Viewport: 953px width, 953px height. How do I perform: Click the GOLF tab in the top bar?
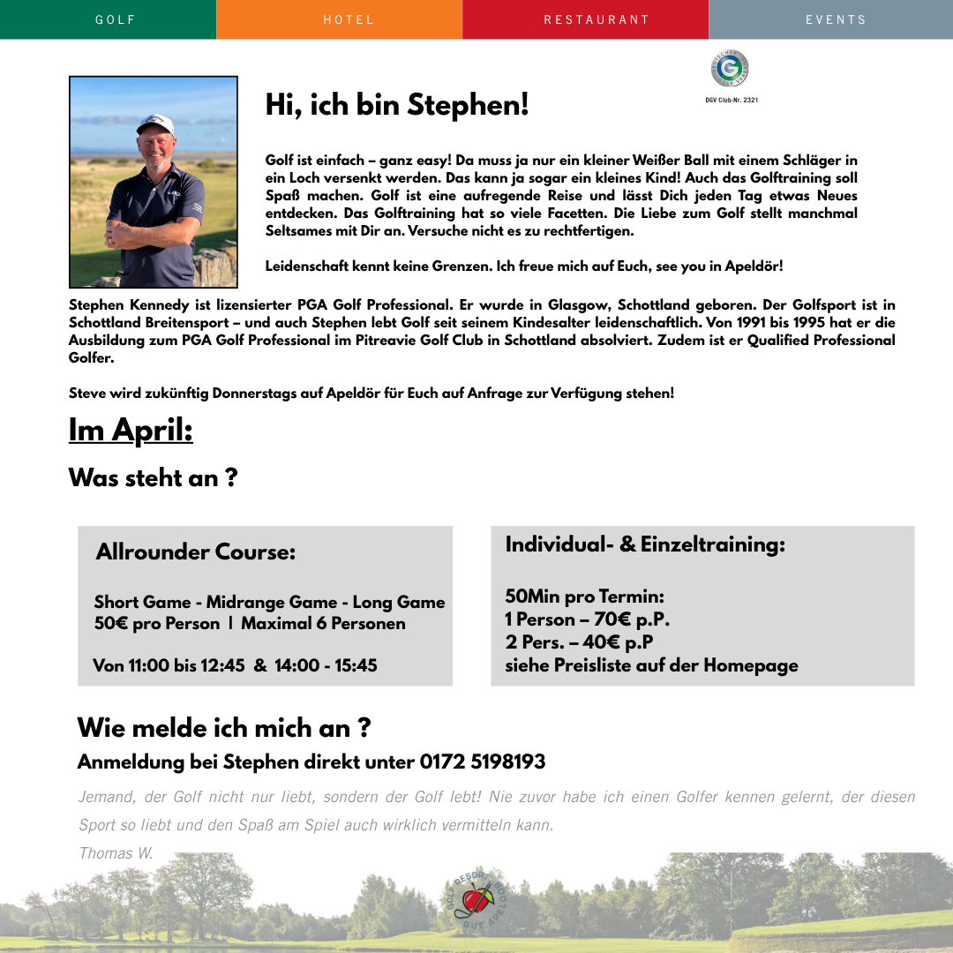[x=116, y=19]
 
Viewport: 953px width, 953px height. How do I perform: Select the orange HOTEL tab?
[x=349, y=19]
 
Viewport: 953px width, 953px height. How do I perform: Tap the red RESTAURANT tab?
[x=597, y=19]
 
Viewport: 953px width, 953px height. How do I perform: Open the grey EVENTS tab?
[x=836, y=19]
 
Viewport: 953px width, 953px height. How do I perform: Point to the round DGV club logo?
[x=730, y=69]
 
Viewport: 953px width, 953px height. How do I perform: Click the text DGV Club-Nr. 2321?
[x=732, y=101]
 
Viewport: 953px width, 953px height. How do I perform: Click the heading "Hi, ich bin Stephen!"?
[x=397, y=106]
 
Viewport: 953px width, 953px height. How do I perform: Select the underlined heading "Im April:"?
[x=131, y=431]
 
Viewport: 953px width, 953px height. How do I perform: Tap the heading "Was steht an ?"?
[x=153, y=478]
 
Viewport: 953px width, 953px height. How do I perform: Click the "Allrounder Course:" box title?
[x=196, y=553]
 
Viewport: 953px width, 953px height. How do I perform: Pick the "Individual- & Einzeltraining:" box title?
[x=645, y=545]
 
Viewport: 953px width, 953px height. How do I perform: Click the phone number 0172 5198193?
[x=483, y=762]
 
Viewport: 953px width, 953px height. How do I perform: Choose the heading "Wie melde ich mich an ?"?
[x=223, y=728]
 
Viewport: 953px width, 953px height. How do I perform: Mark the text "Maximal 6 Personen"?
[x=324, y=624]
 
